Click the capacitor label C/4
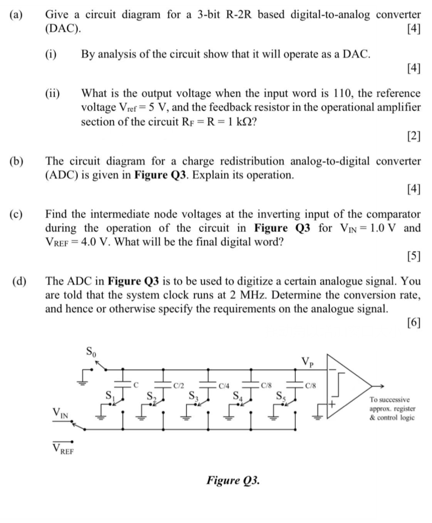(224, 385)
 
